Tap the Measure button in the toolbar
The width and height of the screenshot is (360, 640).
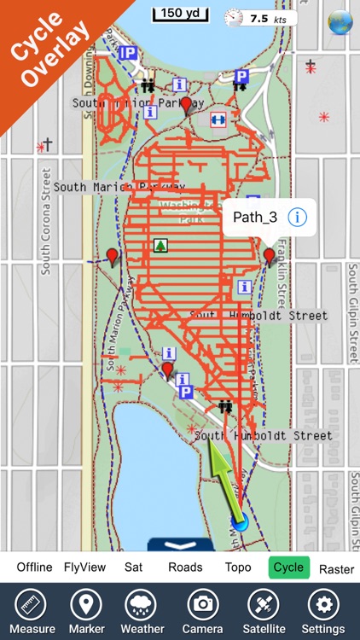click(x=31, y=611)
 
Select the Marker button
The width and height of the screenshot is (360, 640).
click(x=85, y=611)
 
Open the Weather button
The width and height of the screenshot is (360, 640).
click(x=142, y=611)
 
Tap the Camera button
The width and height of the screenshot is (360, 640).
click(x=202, y=611)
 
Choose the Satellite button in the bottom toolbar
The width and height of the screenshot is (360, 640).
click(x=263, y=611)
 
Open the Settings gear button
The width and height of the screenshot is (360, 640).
click(x=322, y=611)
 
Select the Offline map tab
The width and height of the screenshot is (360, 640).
click(x=34, y=567)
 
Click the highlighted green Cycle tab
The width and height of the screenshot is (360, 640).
click(x=287, y=567)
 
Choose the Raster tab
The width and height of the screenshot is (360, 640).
click(x=336, y=568)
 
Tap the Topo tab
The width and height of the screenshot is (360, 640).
click(x=238, y=567)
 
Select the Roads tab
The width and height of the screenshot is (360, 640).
click(x=185, y=567)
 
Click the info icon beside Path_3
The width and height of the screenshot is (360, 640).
click(x=297, y=217)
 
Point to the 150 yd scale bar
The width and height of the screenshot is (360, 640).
click(x=179, y=14)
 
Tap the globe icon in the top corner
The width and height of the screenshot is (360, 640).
click(x=341, y=21)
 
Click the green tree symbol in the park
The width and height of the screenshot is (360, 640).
click(x=160, y=246)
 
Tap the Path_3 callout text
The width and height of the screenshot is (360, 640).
click(x=255, y=217)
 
